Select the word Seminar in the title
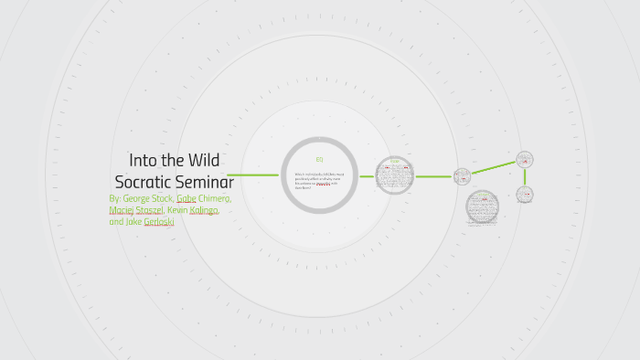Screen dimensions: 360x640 (206, 180)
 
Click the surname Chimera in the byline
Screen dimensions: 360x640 (215, 198)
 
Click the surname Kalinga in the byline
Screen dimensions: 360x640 (204, 210)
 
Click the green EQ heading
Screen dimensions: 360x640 (319, 160)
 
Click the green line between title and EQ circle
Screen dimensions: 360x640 (252, 175)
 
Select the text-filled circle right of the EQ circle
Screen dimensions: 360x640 (394, 175)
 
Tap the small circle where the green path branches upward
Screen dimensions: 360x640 (463, 176)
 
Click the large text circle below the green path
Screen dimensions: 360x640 (482, 207)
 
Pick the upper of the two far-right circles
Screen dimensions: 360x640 (525, 160)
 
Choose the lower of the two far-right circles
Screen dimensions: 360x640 (525, 195)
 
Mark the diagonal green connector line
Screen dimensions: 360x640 (494, 168)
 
